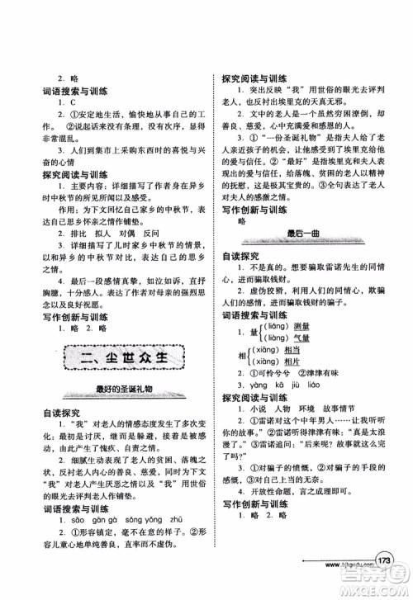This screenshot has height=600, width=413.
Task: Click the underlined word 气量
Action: coord(305,338)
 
